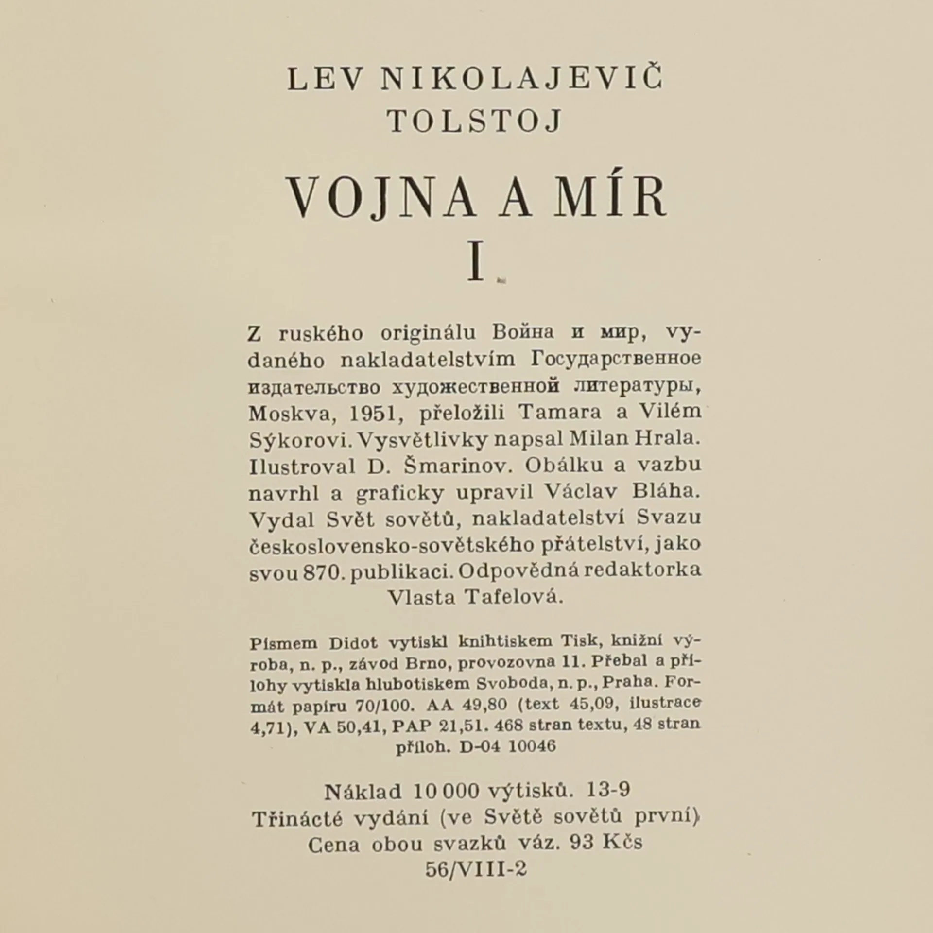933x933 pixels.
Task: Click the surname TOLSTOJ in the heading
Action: pyautogui.click(x=475, y=121)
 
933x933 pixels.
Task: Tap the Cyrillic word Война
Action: pyautogui.click(x=523, y=333)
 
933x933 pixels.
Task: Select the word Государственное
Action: pyautogui.click(x=615, y=360)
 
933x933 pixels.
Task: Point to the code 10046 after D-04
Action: pyautogui.click(x=532, y=746)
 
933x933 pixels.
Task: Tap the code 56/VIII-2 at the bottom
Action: pyautogui.click(x=476, y=868)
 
